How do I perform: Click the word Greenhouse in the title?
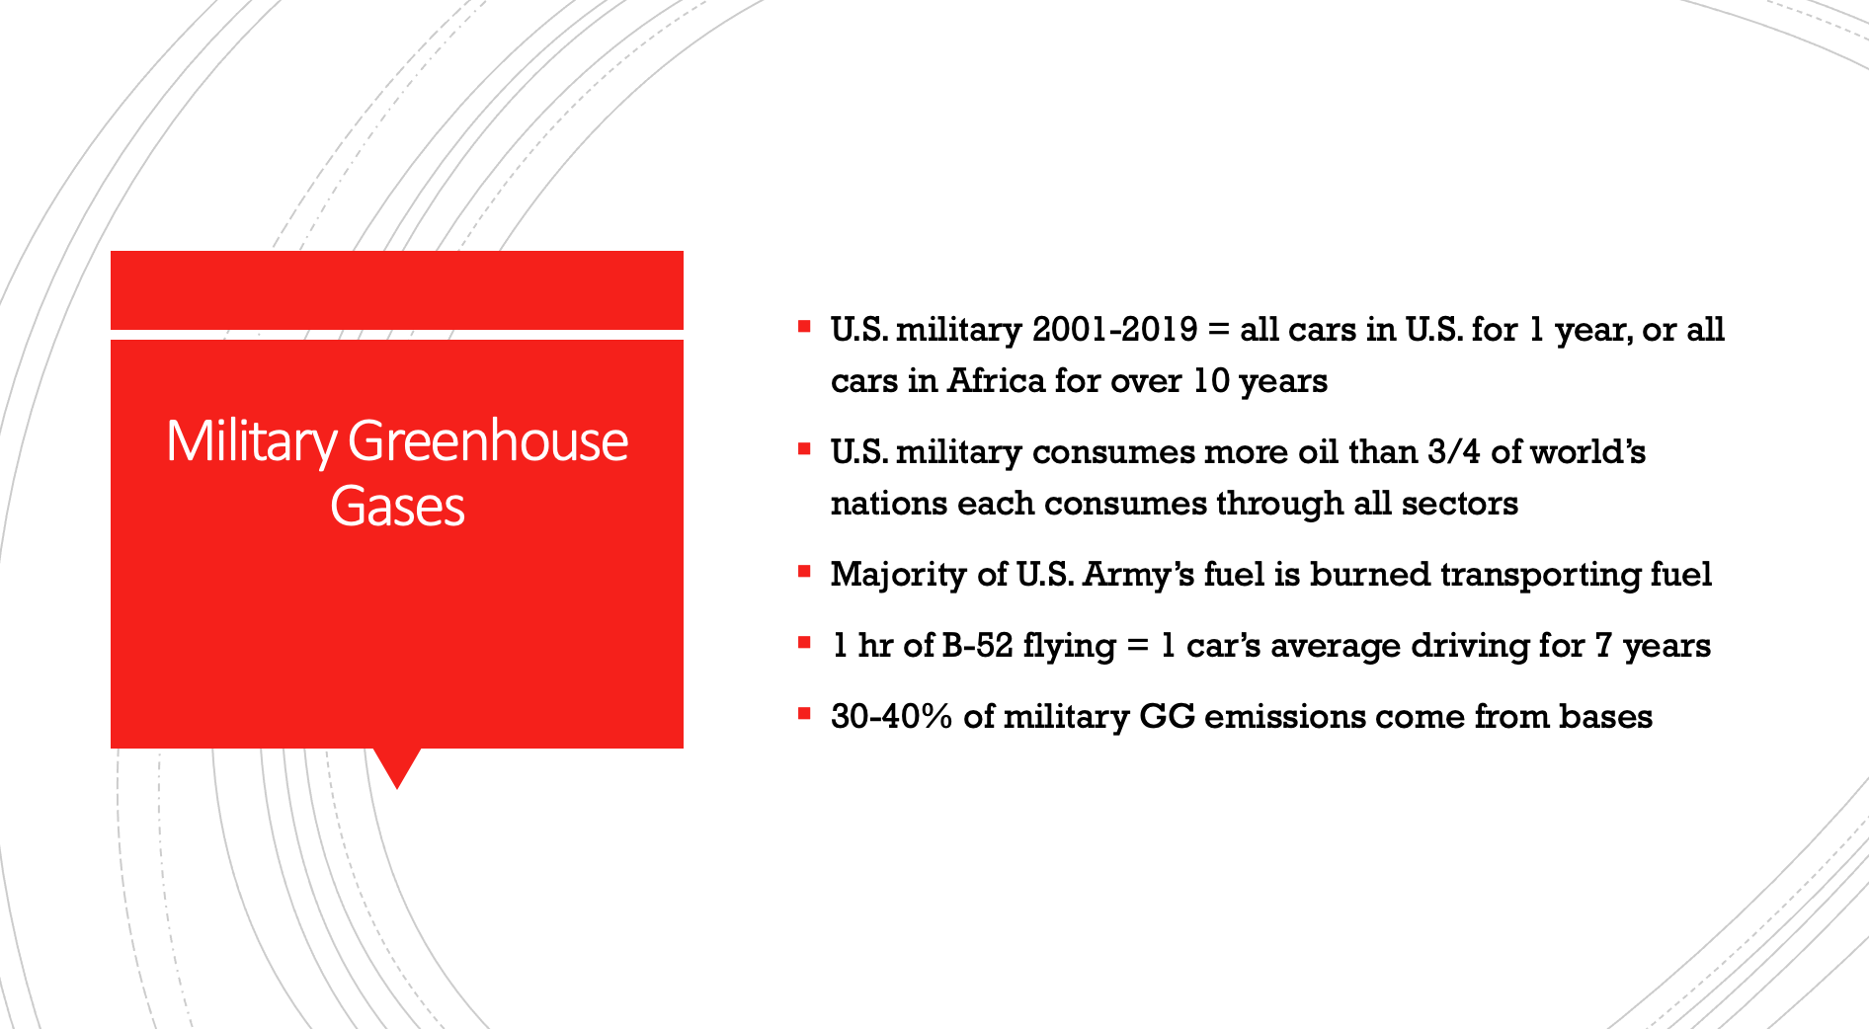(x=488, y=440)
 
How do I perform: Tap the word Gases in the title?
(x=397, y=506)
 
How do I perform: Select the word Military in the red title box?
(x=252, y=442)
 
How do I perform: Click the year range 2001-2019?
(x=1115, y=329)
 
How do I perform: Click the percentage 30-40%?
(x=892, y=716)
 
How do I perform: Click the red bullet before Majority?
(x=804, y=571)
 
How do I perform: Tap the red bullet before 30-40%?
(x=804, y=713)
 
